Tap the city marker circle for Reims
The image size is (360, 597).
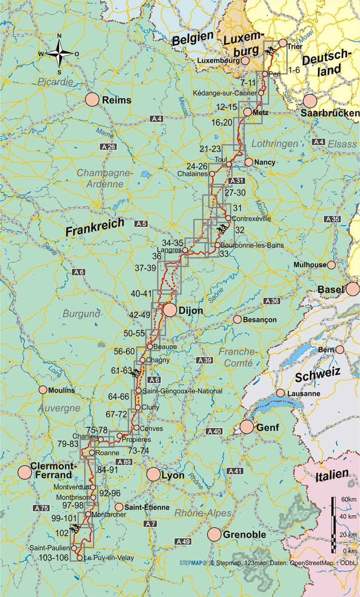click(92, 100)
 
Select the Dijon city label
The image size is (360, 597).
click(190, 310)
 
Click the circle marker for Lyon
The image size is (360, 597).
click(153, 475)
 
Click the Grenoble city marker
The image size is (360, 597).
click(214, 534)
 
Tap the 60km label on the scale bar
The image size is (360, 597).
click(346, 499)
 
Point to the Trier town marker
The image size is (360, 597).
click(282, 43)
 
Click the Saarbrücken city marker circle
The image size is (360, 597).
click(310, 101)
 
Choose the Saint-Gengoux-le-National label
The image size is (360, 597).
click(182, 391)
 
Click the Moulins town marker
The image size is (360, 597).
click(43, 390)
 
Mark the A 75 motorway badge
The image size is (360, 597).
click(41, 508)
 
